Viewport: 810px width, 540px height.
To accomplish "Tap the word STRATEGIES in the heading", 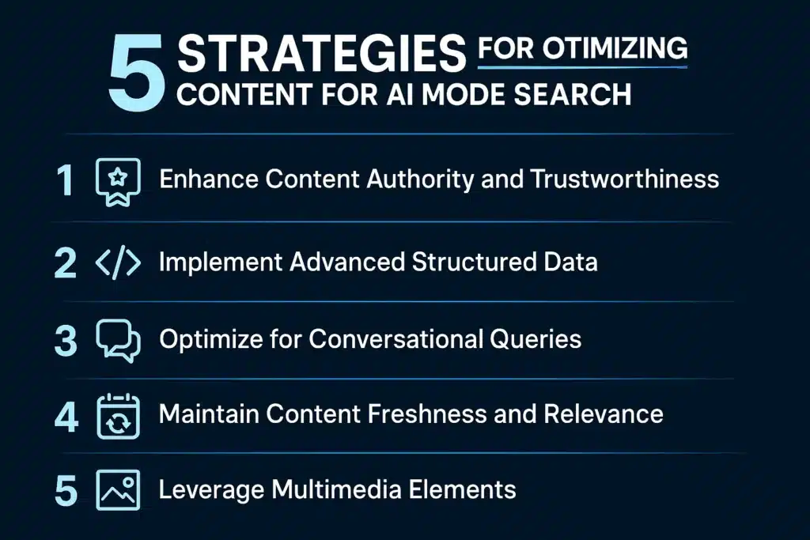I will [x=321, y=56].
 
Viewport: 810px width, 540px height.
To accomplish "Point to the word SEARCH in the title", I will [x=566, y=94].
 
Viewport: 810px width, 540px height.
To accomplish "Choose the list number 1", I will [x=65, y=179].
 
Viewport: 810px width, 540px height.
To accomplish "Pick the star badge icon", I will [x=118, y=179].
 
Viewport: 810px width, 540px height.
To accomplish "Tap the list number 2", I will [x=65, y=263].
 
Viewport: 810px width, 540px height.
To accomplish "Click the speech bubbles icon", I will [x=118, y=341].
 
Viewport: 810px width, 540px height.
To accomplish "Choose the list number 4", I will [x=66, y=416].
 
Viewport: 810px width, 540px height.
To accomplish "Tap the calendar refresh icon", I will [x=118, y=416].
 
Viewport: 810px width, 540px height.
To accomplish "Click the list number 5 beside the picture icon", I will [x=65, y=490].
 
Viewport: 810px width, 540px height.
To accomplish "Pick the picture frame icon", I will [x=118, y=490].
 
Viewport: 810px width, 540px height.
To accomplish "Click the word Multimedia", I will [x=342, y=489].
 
